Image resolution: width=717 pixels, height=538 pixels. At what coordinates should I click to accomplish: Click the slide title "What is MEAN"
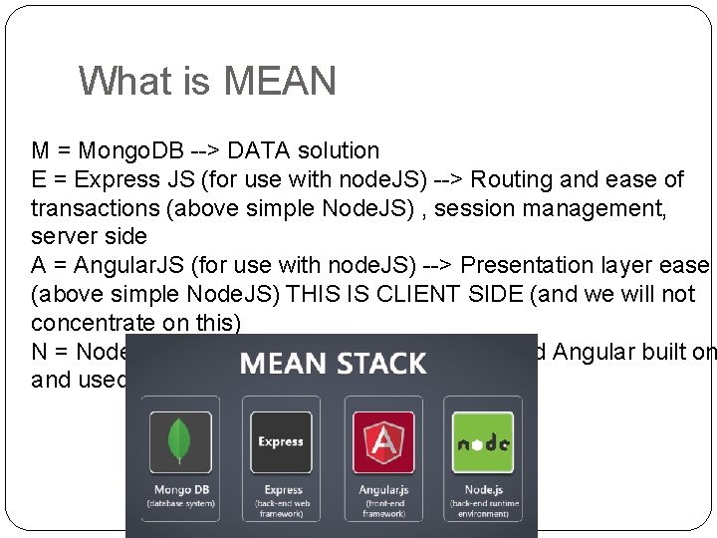point(207,81)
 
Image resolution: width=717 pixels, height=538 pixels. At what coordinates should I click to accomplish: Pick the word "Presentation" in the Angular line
point(531,266)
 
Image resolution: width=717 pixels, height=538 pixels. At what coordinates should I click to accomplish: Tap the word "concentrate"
point(92,323)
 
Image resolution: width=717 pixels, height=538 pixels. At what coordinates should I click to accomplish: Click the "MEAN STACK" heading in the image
point(333,362)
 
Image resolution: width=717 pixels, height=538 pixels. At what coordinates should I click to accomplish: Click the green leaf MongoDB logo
point(179,441)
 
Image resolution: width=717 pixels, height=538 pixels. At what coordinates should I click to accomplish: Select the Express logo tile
point(281,441)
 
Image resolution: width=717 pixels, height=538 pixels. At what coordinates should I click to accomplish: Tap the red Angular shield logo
point(383,441)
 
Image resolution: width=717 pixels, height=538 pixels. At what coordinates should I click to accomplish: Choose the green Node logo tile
point(483,441)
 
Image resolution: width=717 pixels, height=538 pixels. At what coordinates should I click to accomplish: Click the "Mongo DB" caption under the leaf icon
point(179,490)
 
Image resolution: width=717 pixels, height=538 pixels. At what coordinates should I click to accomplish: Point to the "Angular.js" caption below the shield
point(383,490)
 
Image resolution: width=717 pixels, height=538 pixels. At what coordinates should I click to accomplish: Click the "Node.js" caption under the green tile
point(483,490)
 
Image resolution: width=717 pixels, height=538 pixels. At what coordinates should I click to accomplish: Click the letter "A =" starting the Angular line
point(47,266)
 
